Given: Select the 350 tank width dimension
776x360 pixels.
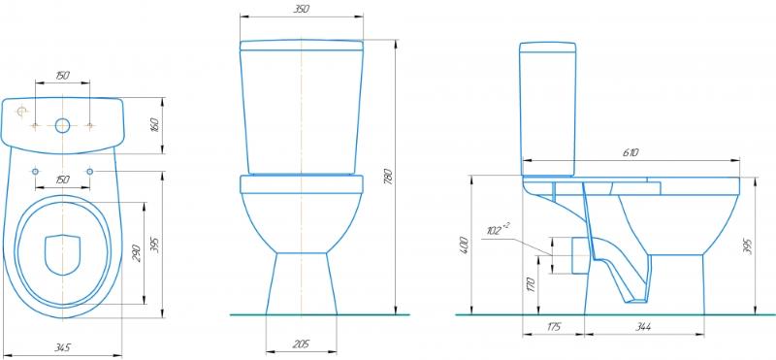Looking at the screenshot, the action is pyautogui.click(x=301, y=9).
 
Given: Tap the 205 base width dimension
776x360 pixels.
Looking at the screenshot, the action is pyautogui.click(x=301, y=344).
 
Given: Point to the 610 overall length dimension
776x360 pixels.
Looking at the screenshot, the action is pyautogui.click(x=630, y=153).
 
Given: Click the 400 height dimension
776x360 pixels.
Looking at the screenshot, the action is pyautogui.click(x=464, y=245).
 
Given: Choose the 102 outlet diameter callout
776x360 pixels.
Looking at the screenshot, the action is pyautogui.click(x=498, y=229).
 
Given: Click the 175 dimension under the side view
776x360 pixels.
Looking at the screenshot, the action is pyautogui.click(x=553, y=327).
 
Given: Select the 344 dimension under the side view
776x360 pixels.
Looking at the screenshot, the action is pyautogui.click(x=643, y=327).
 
